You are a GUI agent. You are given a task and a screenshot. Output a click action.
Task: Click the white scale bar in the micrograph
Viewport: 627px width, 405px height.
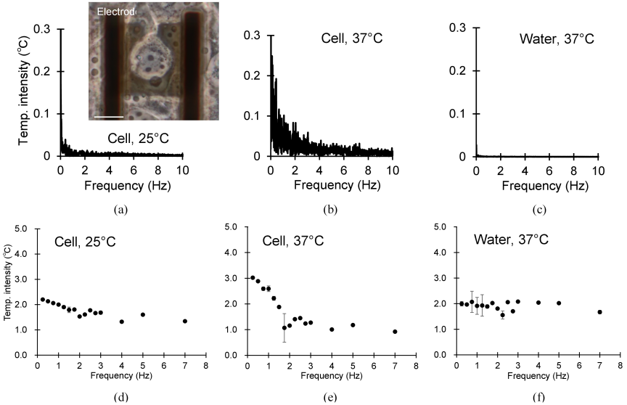[109, 117]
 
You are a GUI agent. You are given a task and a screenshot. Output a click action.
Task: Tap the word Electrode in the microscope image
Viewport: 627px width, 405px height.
[116, 12]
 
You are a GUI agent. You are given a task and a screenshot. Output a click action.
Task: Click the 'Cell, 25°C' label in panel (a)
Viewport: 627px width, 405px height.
[139, 139]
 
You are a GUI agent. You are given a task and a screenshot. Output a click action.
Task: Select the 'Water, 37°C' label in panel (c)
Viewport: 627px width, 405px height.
[557, 39]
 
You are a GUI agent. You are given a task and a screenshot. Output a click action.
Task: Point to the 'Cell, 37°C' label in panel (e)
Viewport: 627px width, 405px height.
[293, 241]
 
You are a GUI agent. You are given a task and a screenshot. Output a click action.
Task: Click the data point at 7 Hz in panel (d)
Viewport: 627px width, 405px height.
[185, 321]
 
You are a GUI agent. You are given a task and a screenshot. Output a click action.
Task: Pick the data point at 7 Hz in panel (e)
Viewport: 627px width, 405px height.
[395, 332]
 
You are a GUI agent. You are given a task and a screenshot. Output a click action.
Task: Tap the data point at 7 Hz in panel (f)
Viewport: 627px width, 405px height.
[600, 312]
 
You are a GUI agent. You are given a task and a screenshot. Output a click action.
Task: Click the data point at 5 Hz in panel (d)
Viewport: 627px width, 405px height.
[143, 315]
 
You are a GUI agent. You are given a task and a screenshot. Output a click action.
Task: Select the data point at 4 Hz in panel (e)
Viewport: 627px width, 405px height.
[332, 330]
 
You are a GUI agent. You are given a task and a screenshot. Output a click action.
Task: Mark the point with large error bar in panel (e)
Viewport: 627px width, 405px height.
[284, 328]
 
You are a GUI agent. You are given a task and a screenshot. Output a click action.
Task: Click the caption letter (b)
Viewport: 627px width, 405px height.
[330, 210]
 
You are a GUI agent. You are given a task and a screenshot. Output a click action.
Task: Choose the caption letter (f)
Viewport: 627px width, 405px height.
[539, 398]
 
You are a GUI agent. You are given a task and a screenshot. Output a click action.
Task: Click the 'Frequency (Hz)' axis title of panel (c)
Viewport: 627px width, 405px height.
[545, 186]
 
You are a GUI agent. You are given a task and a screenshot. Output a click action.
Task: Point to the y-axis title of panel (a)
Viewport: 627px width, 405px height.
[25, 91]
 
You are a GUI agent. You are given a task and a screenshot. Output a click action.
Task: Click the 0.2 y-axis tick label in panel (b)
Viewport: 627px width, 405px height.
[252, 76]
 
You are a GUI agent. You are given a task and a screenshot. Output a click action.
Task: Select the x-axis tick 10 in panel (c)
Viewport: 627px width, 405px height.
[598, 171]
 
